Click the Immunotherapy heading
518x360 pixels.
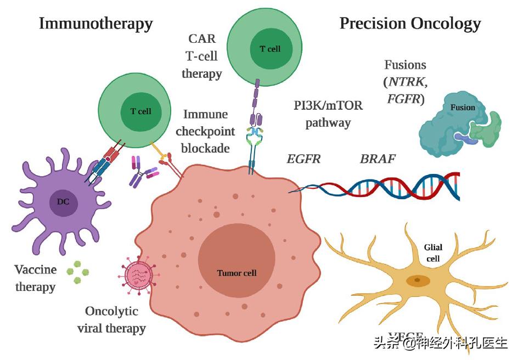(95, 24)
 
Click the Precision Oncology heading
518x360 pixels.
(410, 24)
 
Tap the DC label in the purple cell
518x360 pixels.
(63, 201)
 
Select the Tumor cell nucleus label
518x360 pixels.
(237, 273)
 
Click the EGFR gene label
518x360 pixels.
(303, 159)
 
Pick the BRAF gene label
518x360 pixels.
(378, 159)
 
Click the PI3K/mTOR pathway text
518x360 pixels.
(328, 114)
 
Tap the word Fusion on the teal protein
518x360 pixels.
(463, 108)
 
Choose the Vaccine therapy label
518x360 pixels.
(35, 278)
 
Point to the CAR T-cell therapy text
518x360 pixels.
(201, 56)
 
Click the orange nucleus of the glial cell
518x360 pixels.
(418, 280)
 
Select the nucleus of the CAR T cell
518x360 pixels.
(270, 49)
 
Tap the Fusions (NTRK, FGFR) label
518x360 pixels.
(405, 82)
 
